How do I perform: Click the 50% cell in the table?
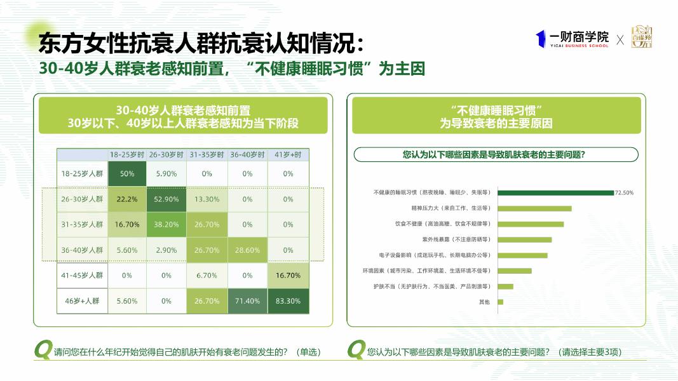127,173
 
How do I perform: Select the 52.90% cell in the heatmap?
166,199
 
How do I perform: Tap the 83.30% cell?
288,301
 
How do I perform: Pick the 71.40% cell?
247,301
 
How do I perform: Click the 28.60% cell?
247,250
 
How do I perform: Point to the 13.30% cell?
207,199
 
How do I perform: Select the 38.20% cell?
166,224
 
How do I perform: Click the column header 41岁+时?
288,155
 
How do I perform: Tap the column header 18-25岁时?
127,155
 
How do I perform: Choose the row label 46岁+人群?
82,301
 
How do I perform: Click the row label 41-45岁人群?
82,276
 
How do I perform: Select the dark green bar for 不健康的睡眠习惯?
555,192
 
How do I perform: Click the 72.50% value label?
624,192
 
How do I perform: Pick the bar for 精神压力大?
534,208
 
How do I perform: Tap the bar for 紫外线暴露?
524,239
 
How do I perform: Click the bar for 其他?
500,302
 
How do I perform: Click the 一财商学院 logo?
572,39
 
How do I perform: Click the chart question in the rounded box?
495,154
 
